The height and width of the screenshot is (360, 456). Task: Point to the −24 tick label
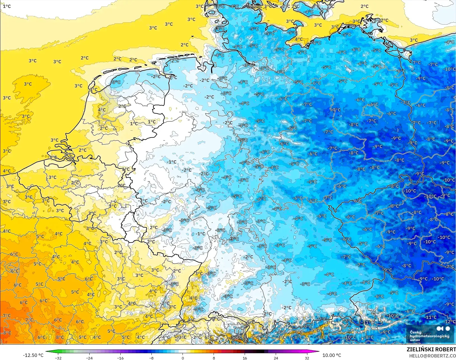(x=89, y=358)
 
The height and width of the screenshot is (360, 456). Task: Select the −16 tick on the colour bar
(x=120, y=358)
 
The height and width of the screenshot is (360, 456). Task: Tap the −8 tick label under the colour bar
(x=151, y=358)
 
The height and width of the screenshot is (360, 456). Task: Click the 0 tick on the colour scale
(x=183, y=358)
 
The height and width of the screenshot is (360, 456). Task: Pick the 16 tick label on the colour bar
(x=245, y=358)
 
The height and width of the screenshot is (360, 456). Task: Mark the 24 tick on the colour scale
(x=276, y=358)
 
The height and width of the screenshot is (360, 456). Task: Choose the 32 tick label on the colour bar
(x=307, y=358)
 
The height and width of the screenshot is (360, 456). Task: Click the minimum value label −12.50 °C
(x=33, y=355)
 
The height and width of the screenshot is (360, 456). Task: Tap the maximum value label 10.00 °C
(x=332, y=355)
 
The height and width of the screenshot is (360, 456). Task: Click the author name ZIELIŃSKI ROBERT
(x=431, y=349)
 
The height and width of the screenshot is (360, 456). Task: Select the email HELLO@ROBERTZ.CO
(x=432, y=356)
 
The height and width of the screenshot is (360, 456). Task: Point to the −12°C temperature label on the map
(x=450, y=322)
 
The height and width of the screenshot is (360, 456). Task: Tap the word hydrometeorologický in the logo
(x=429, y=336)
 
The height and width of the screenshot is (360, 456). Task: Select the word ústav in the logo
(x=415, y=340)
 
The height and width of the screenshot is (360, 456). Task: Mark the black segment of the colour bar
(x=260, y=351)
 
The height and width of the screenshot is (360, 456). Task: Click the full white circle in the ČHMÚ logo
(x=448, y=329)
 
